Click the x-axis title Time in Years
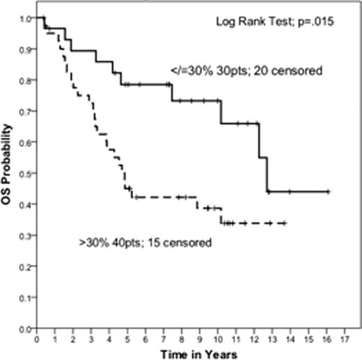tap(198, 353)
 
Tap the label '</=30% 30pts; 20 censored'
tap(230, 70)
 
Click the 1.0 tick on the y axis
tap(26, 18)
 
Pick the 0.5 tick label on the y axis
tap(26, 173)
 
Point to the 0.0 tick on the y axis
tap(26, 328)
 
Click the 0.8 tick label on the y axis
tap(26, 80)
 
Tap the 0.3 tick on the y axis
tap(26, 235)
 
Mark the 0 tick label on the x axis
tap(37, 339)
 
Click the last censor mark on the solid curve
tap(328, 191)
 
